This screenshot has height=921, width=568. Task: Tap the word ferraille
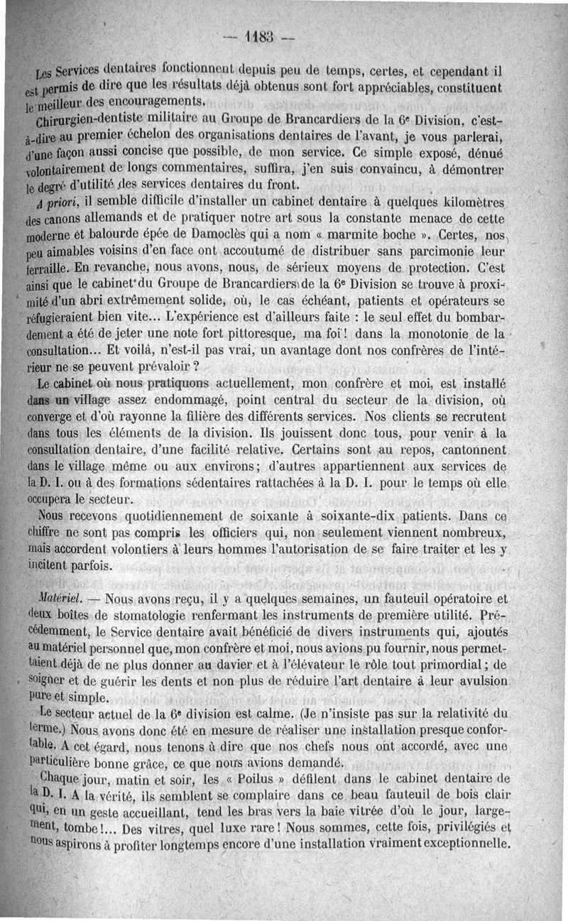point(45,271)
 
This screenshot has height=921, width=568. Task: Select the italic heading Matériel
point(62,600)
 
